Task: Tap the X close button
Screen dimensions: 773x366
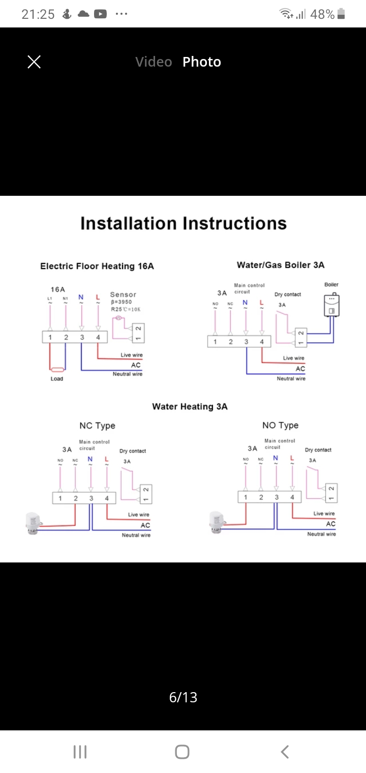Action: tap(34, 62)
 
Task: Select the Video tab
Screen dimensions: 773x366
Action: tap(154, 62)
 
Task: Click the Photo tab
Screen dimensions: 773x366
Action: tap(202, 62)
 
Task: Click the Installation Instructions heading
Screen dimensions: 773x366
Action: tap(184, 223)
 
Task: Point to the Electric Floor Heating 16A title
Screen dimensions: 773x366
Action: tap(97, 266)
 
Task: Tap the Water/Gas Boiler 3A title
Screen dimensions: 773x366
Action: tap(281, 265)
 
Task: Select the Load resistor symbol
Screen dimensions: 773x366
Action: tap(57, 370)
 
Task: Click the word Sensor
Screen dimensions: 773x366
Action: tap(123, 294)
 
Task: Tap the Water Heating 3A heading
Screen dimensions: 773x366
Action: tap(190, 406)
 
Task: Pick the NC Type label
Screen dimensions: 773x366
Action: tap(97, 426)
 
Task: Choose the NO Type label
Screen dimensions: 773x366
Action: tap(281, 425)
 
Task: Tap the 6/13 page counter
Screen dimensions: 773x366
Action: tap(183, 697)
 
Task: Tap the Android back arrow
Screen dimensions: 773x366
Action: tap(285, 752)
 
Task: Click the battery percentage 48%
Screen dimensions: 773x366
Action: tap(322, 14)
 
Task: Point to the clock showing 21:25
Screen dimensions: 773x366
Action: tap(38, 14)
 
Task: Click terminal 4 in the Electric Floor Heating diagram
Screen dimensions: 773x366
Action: tap(98, 337)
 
